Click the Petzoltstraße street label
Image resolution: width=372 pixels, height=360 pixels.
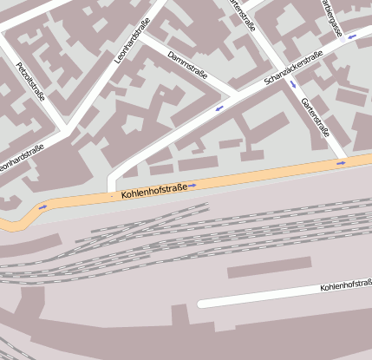tap(29, 82)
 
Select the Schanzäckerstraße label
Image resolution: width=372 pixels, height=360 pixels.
tap(293, 70)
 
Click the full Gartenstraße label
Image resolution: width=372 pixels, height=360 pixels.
tap(315, 117)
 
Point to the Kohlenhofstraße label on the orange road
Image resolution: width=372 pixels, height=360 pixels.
tap(154, 191)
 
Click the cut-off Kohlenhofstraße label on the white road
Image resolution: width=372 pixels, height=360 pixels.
tap(345, 285)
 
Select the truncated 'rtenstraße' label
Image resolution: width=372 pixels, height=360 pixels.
tap(244, 15)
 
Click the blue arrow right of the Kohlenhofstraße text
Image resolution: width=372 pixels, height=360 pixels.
tap(193, 185)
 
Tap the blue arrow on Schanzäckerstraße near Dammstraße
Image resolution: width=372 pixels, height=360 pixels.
tap(219, 108)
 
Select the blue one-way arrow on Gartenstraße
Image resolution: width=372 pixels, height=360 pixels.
tap(293, 84)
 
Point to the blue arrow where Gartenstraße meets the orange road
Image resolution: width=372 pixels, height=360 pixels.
tap(341, 162)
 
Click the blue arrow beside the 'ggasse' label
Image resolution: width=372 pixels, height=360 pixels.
tap(352, 37)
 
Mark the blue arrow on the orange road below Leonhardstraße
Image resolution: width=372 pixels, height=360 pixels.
tap(42, 206)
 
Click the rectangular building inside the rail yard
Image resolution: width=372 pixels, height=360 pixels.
tap(269, 268)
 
